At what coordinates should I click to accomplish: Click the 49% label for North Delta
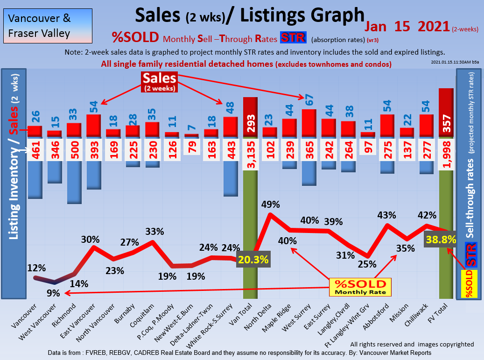point(270,205)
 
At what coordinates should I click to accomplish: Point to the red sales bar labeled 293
point(250,118)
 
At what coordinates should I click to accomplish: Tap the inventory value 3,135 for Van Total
point(251,149)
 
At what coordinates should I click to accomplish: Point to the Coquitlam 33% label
point(154,232)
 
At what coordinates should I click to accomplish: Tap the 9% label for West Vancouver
point(53,293)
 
